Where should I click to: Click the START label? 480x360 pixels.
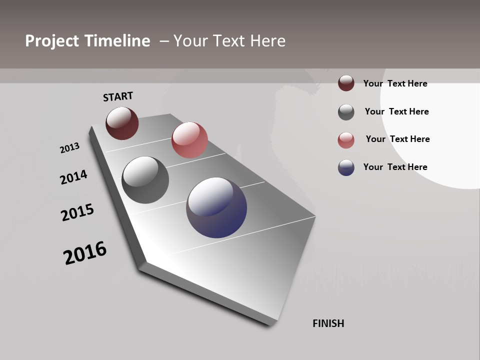coord(118,96)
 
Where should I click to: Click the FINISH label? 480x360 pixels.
coord(328,323)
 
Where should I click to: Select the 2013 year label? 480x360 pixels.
coord(69,148)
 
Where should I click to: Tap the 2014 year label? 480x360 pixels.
coord(74,177)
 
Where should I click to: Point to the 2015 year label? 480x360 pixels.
coord(77,212)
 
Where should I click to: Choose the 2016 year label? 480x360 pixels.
coord(85,252)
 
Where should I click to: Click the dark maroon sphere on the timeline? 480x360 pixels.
coord(122,123)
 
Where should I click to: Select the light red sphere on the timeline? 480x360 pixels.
coord(189,140)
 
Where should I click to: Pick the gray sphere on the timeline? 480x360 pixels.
coord(145,179)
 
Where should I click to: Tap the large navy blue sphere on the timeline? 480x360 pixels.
coord(216,207)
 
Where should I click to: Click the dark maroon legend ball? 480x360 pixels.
coord(346,83)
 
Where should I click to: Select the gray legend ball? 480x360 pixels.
coord(346,112)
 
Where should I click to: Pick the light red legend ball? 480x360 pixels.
coord(346,140)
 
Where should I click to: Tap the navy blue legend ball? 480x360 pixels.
coord(346,167)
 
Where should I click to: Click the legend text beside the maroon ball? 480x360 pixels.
coord(395,83)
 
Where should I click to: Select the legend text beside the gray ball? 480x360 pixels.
coord(396,111)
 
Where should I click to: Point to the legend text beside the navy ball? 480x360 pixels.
coord(395,167)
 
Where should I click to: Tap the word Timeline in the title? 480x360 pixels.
coord(118,41)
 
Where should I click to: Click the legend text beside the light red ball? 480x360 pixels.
coord(397,139)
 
